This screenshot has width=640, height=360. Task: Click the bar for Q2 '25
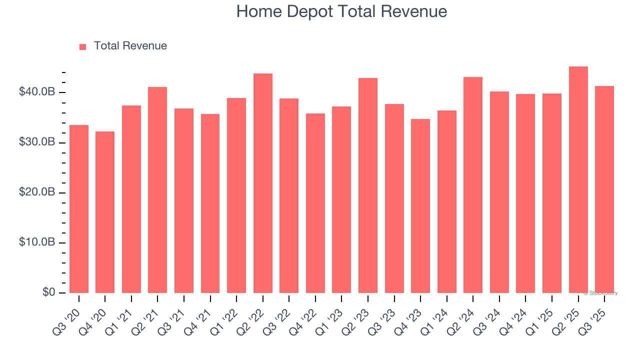click(x=578, y=180)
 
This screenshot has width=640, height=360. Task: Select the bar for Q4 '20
click(x=105, y=212)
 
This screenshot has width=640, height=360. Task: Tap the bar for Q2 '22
click(x=263, y=183)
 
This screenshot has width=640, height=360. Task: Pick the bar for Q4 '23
click(x=420, y=206)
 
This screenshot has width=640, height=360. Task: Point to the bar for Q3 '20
click(x=79, y=209)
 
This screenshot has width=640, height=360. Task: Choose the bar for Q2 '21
click(x=157, y=190)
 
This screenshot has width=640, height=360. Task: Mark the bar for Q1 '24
click(x=446, y=201)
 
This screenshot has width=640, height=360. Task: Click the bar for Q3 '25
click(x=604, y=189)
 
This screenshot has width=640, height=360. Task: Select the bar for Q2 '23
click(x=368, y=185)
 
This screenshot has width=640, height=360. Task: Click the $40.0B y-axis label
click(x=37, y=92)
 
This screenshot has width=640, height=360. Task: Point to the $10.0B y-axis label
click(x=37, y=242)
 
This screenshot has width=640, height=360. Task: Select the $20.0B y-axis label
click(x=37, y=192)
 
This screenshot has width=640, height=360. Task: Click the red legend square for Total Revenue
click(x=83, y=46)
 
